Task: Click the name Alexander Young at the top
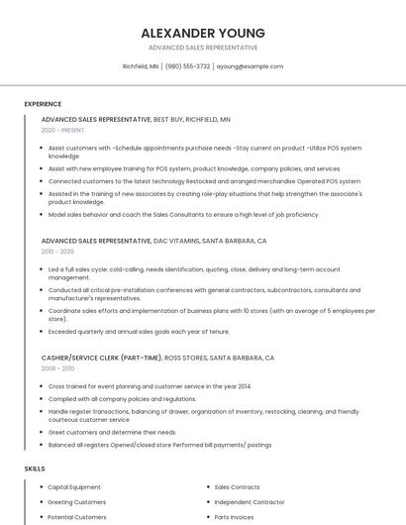pos(202,32)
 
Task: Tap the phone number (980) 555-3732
pos(187,66)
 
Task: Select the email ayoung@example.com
pos(250,66)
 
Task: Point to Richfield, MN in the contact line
pos(141,66)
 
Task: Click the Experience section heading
pos(43,104)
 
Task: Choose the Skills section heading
pos(35,468)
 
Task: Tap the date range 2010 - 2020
pos(57,252)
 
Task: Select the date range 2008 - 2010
pos(57,367)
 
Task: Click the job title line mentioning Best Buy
pos(136,119)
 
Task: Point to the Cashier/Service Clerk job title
pos(157,357)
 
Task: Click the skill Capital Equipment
pos(74,487)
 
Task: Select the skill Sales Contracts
pos(237,487)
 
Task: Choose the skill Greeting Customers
pos(76,502)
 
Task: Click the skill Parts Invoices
pos(234,517)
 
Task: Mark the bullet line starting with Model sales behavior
pos(169,215)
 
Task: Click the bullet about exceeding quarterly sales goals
pos(139,331)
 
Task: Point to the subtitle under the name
pos(202,48)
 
